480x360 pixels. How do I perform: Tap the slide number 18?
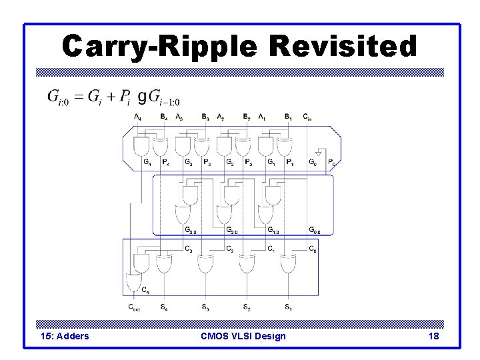tap(433, 336)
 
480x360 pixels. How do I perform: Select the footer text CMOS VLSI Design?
tap(243, 336)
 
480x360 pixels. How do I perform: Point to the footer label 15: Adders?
tap(65, 336)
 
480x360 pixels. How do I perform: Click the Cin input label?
tap(307, 117)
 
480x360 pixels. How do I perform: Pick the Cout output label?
tap(135, 307)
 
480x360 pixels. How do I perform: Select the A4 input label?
tap(137, 117)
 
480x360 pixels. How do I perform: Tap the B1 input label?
tap(288, 117)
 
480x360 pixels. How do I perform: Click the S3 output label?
tap(205, 307)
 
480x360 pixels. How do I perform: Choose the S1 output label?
tap(287, 307)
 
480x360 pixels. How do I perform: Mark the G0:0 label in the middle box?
tap(314, 231)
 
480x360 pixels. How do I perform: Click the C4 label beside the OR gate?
tap(145, 291)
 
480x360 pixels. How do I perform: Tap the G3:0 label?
tap(191, 231)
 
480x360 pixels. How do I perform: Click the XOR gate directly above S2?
tap(246, 264)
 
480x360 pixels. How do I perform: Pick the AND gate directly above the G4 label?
tap(142, 145)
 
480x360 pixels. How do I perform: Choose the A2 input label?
tap(221, 117)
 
